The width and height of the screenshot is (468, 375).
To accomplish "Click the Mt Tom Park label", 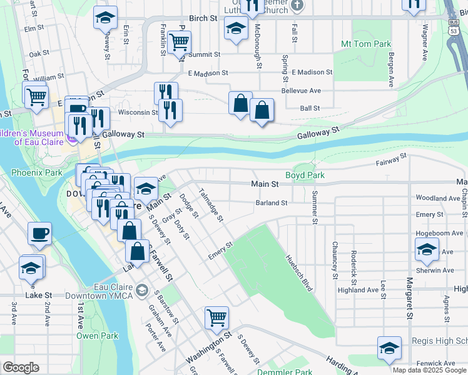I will [x=366, y=44].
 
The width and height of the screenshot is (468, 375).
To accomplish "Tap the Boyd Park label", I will [x=305, y=176].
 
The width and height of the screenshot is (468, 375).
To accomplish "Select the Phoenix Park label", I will [x=36, y=172].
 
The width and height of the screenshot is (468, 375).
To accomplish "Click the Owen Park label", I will [x=97, y=336].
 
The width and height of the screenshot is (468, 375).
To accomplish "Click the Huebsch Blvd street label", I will [x=298, y=273].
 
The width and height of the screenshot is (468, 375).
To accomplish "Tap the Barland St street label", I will [x=271, y=202].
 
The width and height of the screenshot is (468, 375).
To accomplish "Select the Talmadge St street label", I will [x=210, y=205].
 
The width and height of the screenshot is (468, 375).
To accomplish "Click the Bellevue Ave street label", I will [x=301, y=91].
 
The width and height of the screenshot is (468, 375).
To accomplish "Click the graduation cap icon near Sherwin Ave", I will [x=427, y=249].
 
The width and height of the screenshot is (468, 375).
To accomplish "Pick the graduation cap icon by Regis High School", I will [x=389, y=347].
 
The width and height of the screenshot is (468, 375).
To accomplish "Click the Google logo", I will [x=20, y=367].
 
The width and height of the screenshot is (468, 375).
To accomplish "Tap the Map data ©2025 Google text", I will [x=429, y=370].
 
